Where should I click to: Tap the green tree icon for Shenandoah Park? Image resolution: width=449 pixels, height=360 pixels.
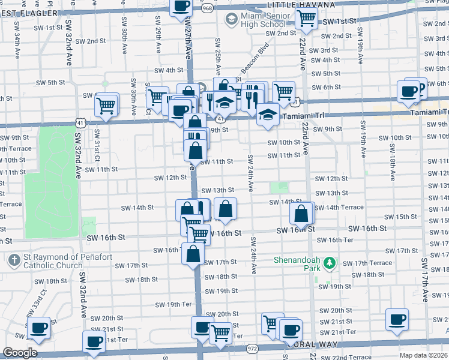pos(328,262)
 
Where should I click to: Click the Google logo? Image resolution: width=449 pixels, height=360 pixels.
pos(20,353)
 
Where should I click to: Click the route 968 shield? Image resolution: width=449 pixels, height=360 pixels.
pos(208,8)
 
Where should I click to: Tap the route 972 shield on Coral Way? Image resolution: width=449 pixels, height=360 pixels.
pos(252,347)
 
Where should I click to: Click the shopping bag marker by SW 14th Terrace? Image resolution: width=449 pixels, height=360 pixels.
pos(301,212)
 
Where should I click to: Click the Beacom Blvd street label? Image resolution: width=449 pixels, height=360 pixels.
pos(254,63)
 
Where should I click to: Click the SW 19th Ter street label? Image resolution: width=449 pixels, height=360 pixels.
pos(173,304)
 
